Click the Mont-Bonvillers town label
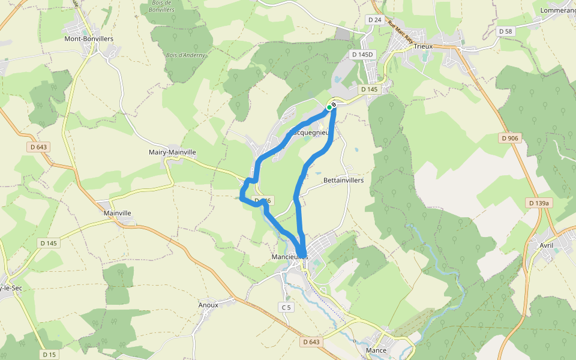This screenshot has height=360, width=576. [89, 39]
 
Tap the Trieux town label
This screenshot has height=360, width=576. [423, 46]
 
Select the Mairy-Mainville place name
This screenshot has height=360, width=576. [172, 152]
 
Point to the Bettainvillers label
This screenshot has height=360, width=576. [343, 180]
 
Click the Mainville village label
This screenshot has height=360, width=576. [117, 213]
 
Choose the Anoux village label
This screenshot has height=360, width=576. [208, 305]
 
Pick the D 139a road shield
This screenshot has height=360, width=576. [539, 203]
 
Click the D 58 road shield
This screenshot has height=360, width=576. [505, 31]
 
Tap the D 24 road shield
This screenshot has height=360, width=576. [374, 20]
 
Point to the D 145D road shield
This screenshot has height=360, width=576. [362, 55]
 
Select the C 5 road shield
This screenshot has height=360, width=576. [286, 308]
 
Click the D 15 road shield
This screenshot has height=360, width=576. [49, 355]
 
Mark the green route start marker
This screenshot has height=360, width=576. [329, 107]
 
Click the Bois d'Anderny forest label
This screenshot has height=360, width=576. [185, 55]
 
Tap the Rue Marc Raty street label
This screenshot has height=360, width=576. [400, 32]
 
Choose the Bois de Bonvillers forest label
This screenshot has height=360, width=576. [160, 7]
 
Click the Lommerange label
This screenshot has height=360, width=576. [558, 10]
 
